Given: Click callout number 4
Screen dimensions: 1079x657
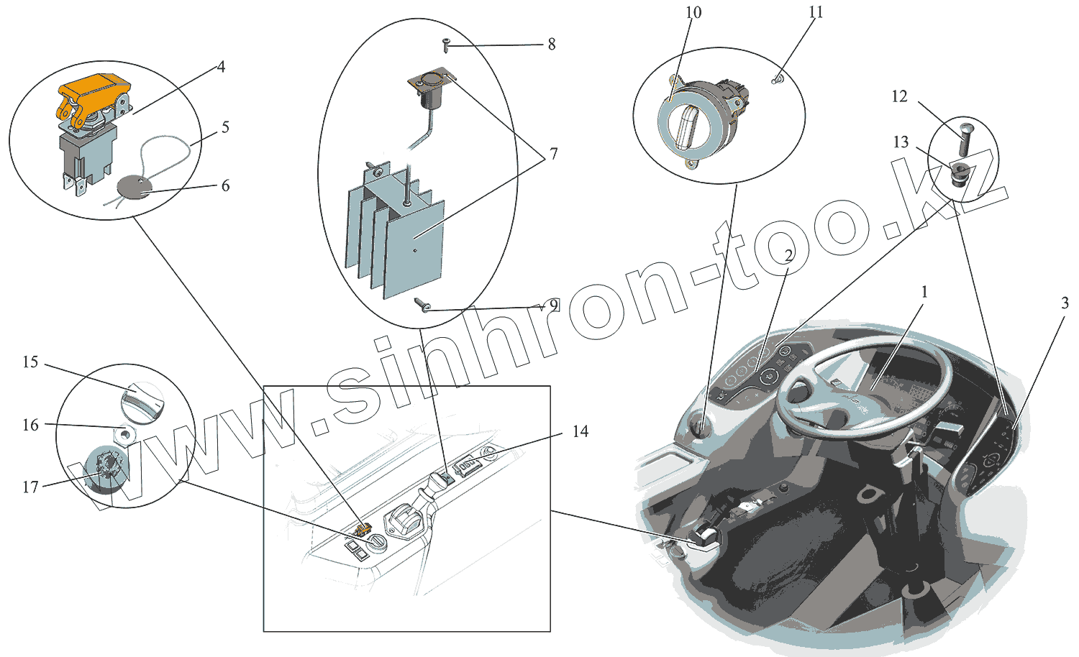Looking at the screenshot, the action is pyautogui.click(x=221, y=67).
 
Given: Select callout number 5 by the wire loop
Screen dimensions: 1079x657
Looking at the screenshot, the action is pyautogui.click(x=225, y=127).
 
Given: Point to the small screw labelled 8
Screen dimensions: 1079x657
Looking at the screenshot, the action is pyautogui.click(x=447, y=45).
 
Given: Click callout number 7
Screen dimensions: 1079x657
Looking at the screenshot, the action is pyautogui.click(x=553, y=153).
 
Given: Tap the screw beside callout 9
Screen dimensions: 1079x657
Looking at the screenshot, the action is pyautogui.click(x=422, y=305).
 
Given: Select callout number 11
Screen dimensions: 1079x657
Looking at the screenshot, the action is pyautogui.click(x=816, y=12).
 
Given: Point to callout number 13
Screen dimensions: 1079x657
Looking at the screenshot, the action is pyautogui.click(x=901, y=142).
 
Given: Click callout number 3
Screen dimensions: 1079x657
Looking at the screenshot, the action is pyautogui.click(x=1065, y=303).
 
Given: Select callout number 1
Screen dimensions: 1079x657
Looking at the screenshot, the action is pyautogui.click(x=924, y=292).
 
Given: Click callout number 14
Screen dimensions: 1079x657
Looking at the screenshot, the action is pyautogui.click(x=580, y=431).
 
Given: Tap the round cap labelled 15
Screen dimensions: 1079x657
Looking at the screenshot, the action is pyautogui.click(x=142, y=400).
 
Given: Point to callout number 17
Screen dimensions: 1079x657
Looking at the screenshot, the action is pyautogui.click(x=30, y=487).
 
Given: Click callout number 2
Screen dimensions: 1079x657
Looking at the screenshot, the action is pyautogui.click(x=788, y=255).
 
